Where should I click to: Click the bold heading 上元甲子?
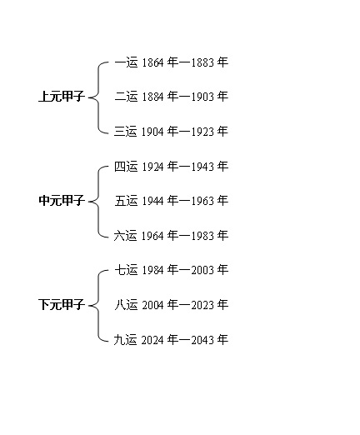pyautogui.click(x=62, y=97)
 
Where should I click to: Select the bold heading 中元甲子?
pyautogui.click(x=62, y=200)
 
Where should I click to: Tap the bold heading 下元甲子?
pyautogui.click(x=62, y=304)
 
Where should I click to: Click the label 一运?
pyautogui.click(x=126, y=62)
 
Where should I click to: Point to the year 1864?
pyautogui.click(x=152, y=62)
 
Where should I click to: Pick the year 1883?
pyautogui.click(x=202, y=62)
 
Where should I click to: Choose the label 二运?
pyautogui.click(x=126, y=97)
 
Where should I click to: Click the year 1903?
pyautogui.click(x=202, y=97)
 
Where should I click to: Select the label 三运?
pyautogui.click(x=126, y=131)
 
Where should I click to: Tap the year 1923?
pyautogui.click(x=202, y=132)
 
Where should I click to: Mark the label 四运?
pyautogui.click(x=126, y=167)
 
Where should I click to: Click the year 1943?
pyautogui.click(x=202, y=167)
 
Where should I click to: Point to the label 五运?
pyautogui.click(x=126, y=201)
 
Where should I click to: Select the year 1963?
pyautogui.click(x=202, y=201)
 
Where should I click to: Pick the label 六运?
pyautogui.click(x=126, y=236)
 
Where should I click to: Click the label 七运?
pyautogui.click(x=126, y=270)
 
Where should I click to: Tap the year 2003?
pyautogui.click(x=202, y=270)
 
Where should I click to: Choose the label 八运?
pyautogui.click(x=126, y=305)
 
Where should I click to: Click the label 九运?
pyautogui.click(x=126, y=339)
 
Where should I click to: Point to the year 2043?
pyautogui.click(x=202, y=340)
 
